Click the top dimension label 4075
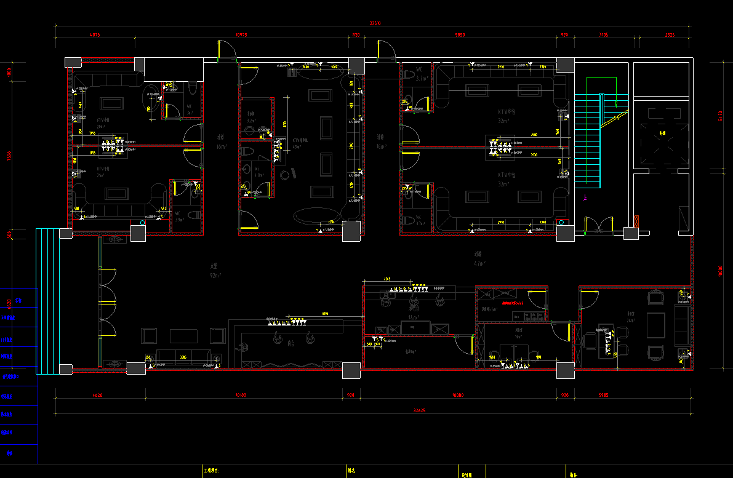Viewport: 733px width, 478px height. tap(95, 36)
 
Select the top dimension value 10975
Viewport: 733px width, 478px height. tap(241, 36)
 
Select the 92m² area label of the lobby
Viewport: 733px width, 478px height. tap(215, 275)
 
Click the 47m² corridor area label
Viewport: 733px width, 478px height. tap(479, 263)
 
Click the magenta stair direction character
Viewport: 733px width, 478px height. tap(585, 198)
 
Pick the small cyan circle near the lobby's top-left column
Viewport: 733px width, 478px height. tap(143, 222)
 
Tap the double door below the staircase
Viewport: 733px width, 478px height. tap(599, 226)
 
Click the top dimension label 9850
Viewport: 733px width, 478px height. tap(459, 36)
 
